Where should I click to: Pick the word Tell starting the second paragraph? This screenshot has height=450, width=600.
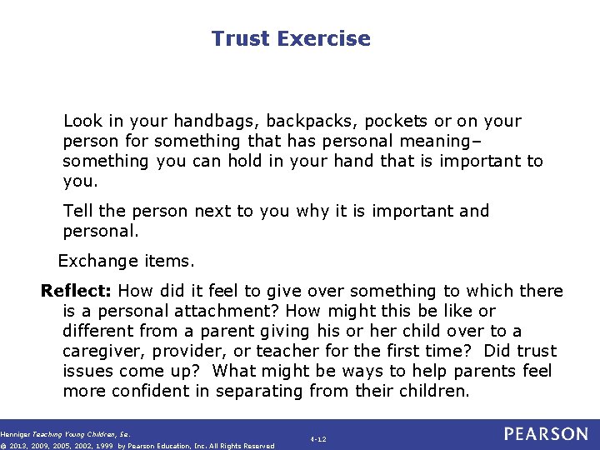click(77, 211)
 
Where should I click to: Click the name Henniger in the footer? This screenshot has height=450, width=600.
click(16, 433)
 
